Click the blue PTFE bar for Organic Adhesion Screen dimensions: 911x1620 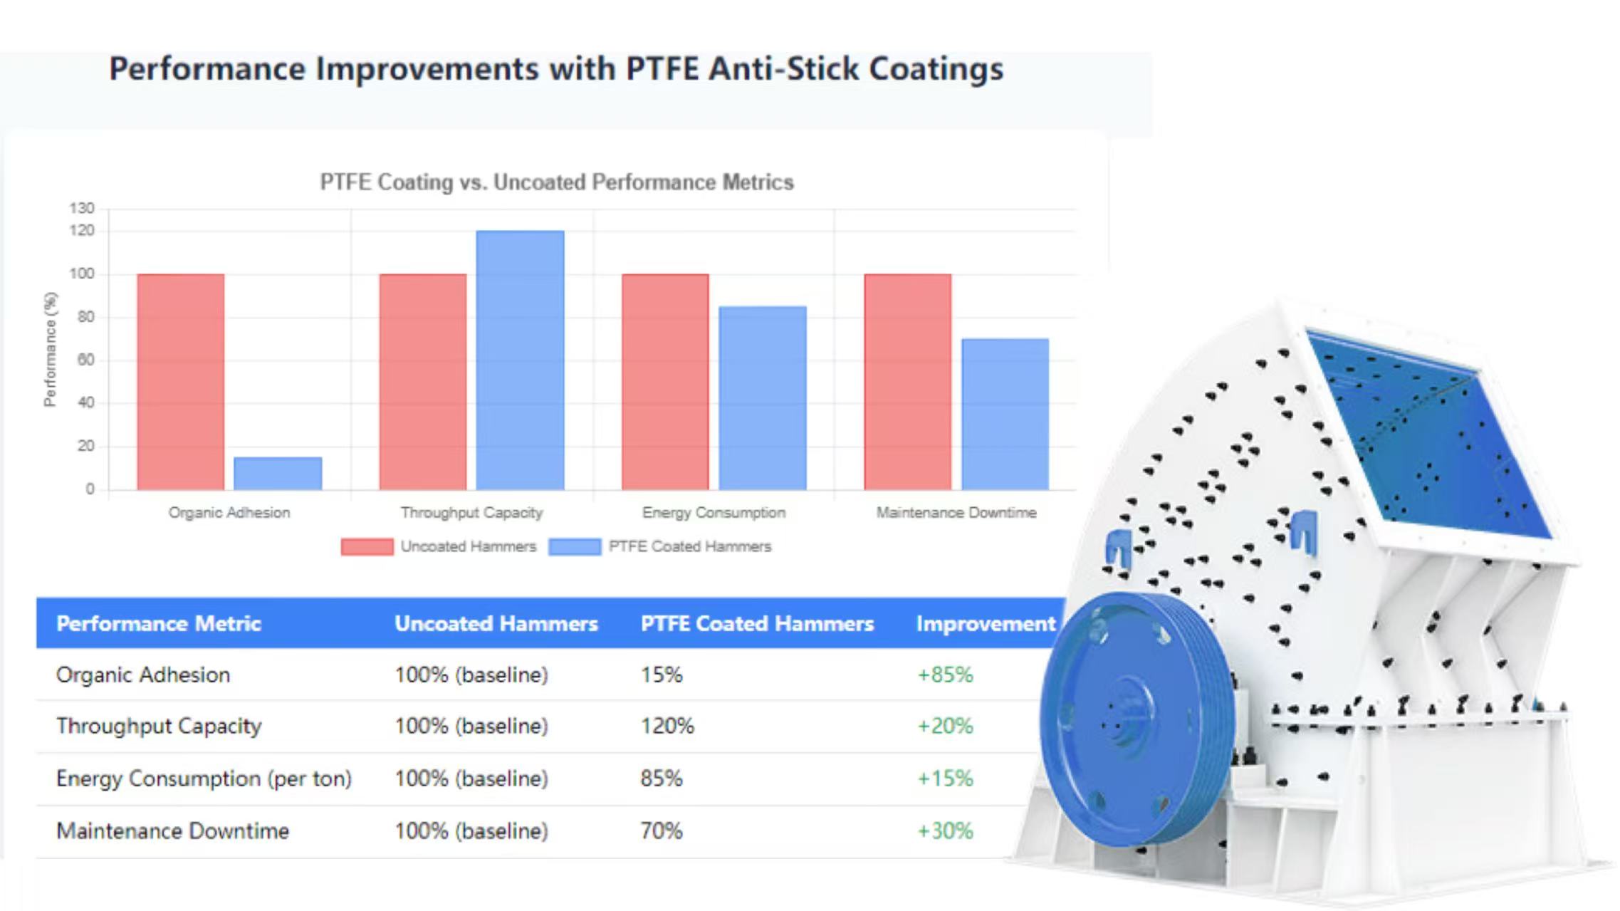[278, 473]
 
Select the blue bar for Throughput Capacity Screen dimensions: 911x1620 [520, 360]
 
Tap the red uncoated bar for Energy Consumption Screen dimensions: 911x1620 [665, 381]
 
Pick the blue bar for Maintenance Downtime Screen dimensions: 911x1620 [1005, 414]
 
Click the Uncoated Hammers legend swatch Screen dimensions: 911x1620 [367, 546]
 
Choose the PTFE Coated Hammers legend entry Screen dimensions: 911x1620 [689, 546]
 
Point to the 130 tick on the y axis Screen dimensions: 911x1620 [82, 208]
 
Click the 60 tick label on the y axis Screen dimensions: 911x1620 [85, 360]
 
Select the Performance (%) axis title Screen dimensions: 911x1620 [50, 349]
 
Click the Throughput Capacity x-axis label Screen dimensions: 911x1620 [471, 512]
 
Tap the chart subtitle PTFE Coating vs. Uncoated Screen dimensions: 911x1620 [556, 182]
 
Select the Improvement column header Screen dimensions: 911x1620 [986, 623]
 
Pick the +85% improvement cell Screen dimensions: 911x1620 [944, 675]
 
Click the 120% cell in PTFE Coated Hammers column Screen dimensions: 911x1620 [667, 726]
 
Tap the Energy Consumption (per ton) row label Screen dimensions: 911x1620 [204, 779]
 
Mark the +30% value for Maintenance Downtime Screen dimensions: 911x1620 [944, 831]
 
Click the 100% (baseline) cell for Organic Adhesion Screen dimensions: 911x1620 [471, 675]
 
